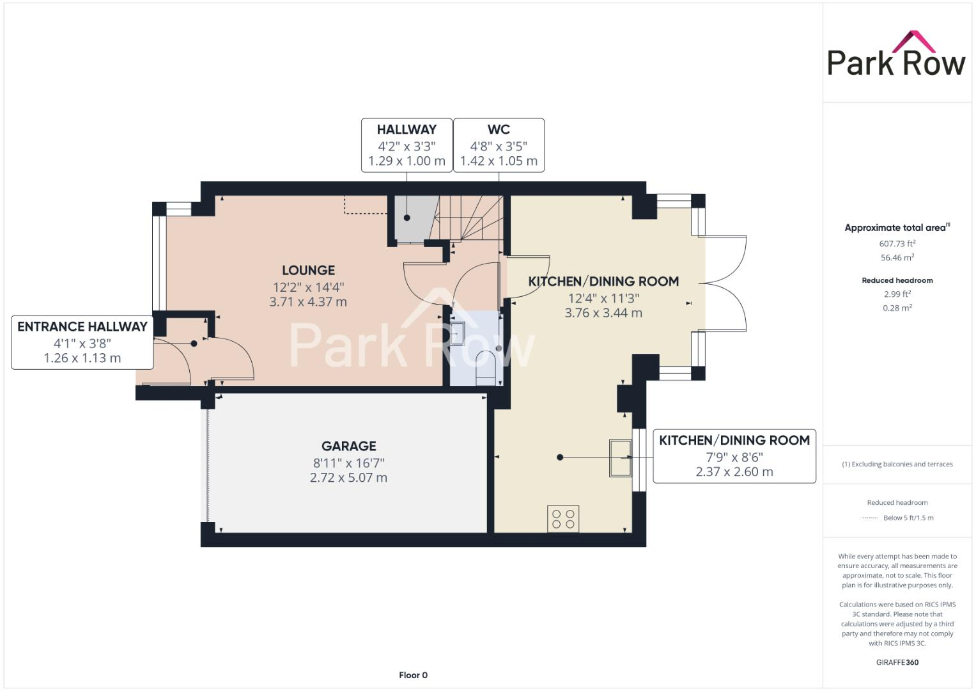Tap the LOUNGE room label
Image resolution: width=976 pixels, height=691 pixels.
coord(308,270)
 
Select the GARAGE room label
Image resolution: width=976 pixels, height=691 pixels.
coord(348,446)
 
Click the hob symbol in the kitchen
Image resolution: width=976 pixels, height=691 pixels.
coord(563,518)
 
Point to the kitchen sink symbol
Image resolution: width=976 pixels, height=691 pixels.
coord(620,457)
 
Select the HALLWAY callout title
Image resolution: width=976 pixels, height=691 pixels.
coord(407,129)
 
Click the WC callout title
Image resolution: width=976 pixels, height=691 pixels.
coord(499,129)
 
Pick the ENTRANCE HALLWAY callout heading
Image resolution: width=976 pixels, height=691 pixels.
coord(82,326)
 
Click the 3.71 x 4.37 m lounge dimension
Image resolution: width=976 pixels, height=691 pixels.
coord(308,302)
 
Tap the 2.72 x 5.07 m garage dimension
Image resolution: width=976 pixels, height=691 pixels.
coord(348,478)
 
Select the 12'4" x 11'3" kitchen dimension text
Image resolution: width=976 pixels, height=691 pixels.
coord(603,298)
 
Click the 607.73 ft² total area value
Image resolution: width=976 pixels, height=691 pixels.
coord(897,243)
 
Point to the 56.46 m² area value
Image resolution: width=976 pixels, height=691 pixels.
coord(897,257)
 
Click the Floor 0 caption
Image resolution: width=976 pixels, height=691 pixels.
coord(413,675)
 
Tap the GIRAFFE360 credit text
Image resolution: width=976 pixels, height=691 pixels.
coord(897,662)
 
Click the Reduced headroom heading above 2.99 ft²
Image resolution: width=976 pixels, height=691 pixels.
coord(897,280)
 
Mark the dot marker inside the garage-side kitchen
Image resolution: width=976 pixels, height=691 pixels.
coord(560,457)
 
